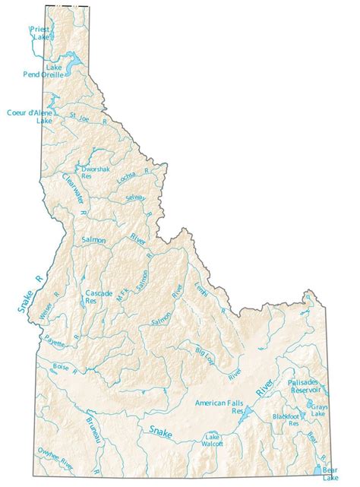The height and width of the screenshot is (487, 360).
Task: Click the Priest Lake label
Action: [39, 33]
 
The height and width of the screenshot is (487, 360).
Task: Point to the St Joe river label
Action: [80, 118]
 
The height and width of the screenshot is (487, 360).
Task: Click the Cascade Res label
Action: [98, 296]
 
